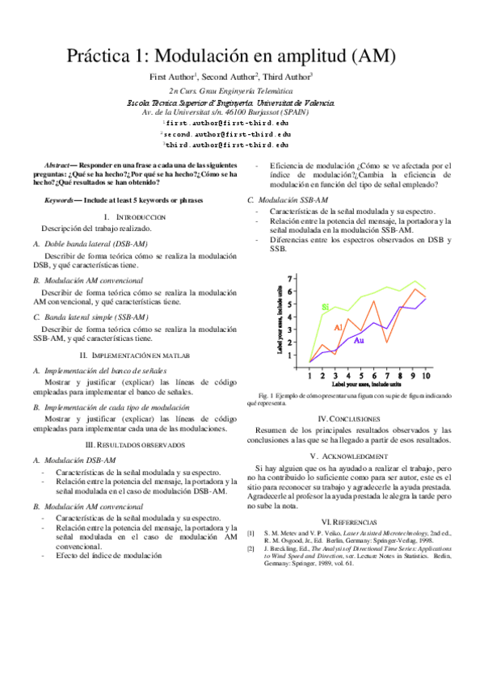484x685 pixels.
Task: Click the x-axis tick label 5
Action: [x=361, y=376]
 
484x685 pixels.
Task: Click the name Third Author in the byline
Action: [x=288, y=77]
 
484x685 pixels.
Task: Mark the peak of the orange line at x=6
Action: [x=374, y=302]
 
